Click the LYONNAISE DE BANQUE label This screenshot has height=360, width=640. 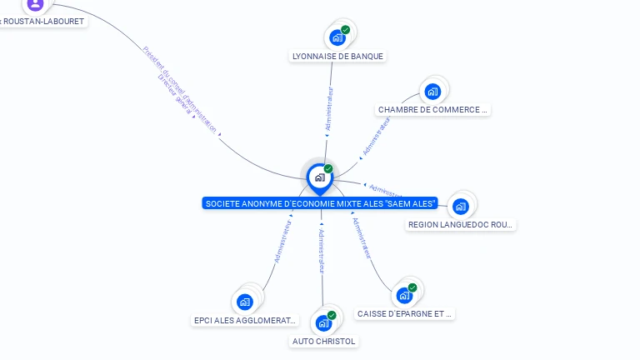tap(337, 57)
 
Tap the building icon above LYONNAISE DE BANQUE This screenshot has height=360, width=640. tap(337, 37)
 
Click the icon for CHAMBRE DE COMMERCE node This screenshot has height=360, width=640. tap(432, 92)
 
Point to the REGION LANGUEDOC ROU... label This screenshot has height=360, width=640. tap(461, 225)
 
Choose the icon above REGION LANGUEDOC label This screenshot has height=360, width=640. tap(461, 207)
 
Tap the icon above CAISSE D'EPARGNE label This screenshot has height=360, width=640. tap(404, 296)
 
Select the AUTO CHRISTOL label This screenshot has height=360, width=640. tap(324, 342)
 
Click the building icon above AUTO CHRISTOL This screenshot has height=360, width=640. tap(323, 323)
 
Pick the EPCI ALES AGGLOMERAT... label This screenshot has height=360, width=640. tap(244, 320)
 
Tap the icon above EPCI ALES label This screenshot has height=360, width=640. tap(244, 302)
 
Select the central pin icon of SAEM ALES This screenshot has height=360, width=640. tap(319, 177)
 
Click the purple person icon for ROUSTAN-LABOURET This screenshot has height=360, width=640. tap(34, 4)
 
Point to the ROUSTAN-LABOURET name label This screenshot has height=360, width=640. tap(42, 22)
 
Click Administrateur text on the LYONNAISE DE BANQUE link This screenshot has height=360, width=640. tap(329, 108)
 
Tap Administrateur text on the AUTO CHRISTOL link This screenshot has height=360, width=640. tap(322, 250)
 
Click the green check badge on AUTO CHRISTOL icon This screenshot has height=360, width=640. tap(332, 316)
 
